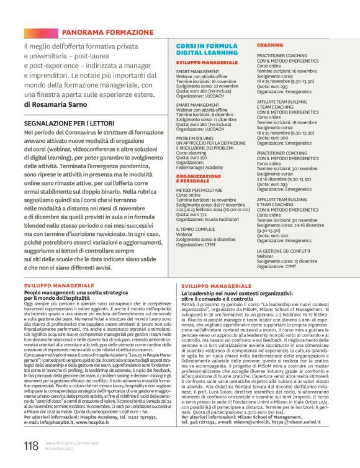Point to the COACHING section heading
click(270, 46)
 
